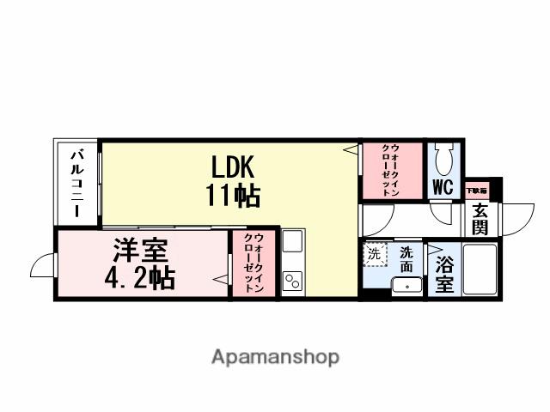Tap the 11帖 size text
232,196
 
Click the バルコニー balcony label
77,183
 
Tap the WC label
443,187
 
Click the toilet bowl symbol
444,159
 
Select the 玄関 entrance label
479,219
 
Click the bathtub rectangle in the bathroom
480,269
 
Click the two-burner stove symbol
292,280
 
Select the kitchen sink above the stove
291,245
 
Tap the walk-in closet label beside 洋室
254,264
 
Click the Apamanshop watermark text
275,357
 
